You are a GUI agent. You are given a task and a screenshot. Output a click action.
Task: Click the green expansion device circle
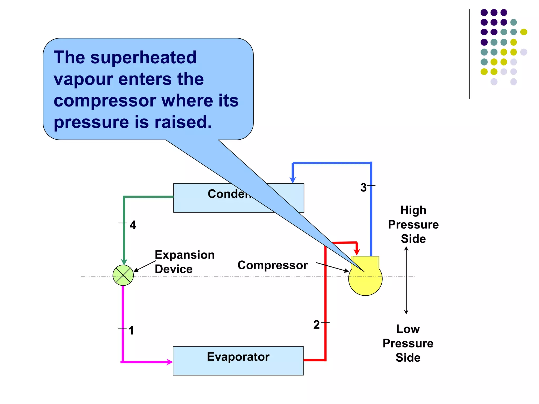pyautogui.click(x=123, y=275)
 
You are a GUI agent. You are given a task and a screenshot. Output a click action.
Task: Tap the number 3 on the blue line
pyautogui.click(x=363, y=188)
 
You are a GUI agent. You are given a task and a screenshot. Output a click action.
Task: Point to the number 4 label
pyautogui.click(x=133, y=225)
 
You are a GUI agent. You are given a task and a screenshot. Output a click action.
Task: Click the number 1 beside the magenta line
pyautogui.click(x=131, y=330)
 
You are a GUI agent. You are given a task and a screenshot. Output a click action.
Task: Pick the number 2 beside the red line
pyautogui.click(x=316, y=325)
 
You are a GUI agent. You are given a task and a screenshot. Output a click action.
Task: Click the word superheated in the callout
pyautogui.click(x=143, y=57)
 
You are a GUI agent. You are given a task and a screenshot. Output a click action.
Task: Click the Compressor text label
pyautogui.click(x=273, y=265)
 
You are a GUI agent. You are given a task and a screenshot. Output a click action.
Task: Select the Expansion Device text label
pyautogui.click(x=184, y=262)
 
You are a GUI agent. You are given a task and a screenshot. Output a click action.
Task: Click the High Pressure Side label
pyautogui.click(x=413, y=224)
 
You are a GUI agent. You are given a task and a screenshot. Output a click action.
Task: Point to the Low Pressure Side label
pyautogui.click(x=408, y=343)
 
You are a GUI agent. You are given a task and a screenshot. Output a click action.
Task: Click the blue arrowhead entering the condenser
pyautogui.click(x=293, y=180)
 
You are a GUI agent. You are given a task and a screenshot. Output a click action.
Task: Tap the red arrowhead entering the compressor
pyautogui.click(x=357, y=252)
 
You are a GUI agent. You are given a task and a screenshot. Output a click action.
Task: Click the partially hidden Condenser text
pyautogui.click(x=228, y=194)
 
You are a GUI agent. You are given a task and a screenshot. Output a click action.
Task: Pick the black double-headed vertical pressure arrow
pyautogui.click(x=406, y=280)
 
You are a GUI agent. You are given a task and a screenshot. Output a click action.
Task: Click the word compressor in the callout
pyautogui.click(x=105, y=101)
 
